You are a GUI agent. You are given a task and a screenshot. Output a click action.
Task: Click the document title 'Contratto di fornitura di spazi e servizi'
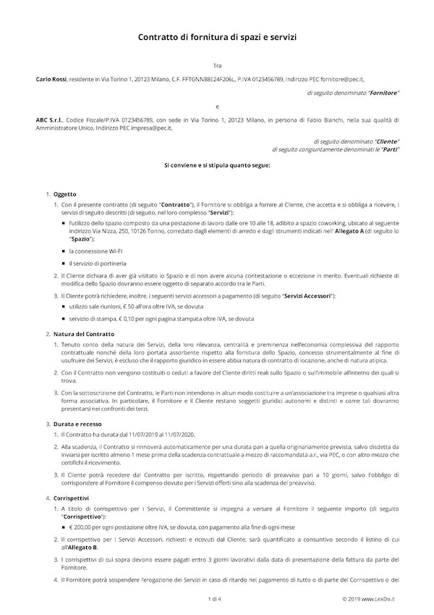[217, 36]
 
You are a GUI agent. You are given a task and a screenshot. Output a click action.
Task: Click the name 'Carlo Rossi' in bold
[51, 78]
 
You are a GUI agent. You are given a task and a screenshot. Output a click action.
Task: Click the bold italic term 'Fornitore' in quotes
[383, 93]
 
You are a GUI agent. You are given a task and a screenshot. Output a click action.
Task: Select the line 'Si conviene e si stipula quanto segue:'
[217, 166]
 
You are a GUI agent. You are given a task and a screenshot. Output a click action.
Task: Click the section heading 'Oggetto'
[64, 195]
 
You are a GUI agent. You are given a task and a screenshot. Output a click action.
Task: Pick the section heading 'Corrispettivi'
[71, 498]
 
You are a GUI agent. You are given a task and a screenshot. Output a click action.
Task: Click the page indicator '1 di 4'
[215, 598]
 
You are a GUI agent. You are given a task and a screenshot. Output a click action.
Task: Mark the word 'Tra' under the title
[217, 65]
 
